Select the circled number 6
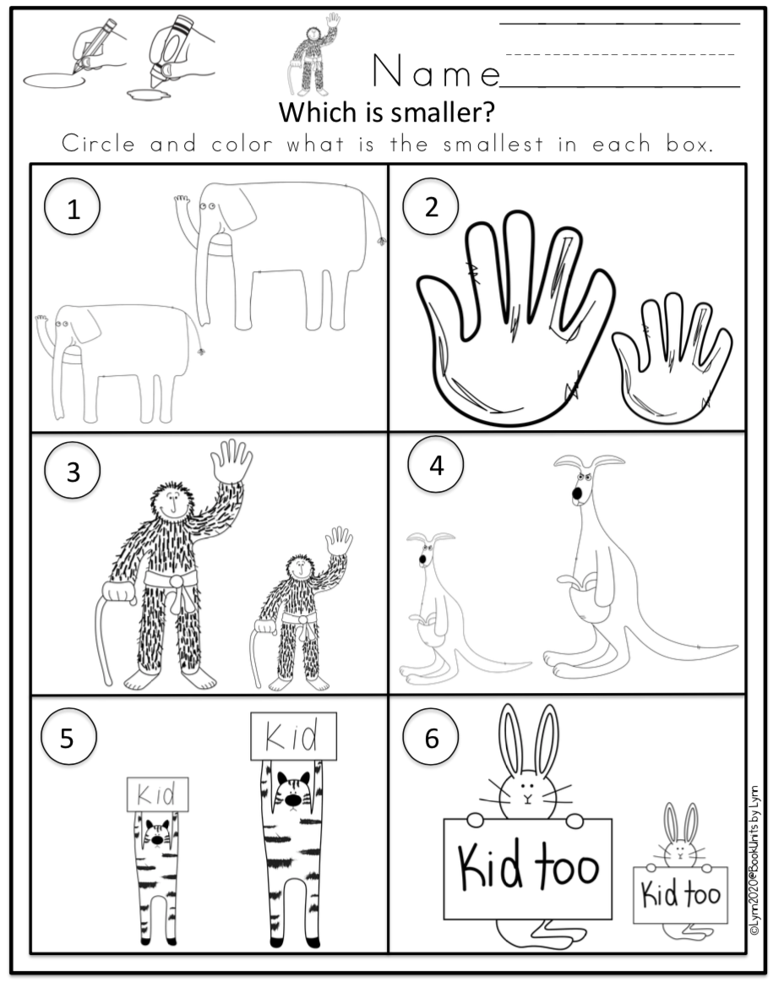point(432,739)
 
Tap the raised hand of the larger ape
point(230,461)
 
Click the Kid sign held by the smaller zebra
point(157,795)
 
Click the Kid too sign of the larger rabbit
point(527,867)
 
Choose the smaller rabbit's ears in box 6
point(681,821)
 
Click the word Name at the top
point(435,73)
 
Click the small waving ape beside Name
point(318,55)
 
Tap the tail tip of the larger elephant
point(382,242)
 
